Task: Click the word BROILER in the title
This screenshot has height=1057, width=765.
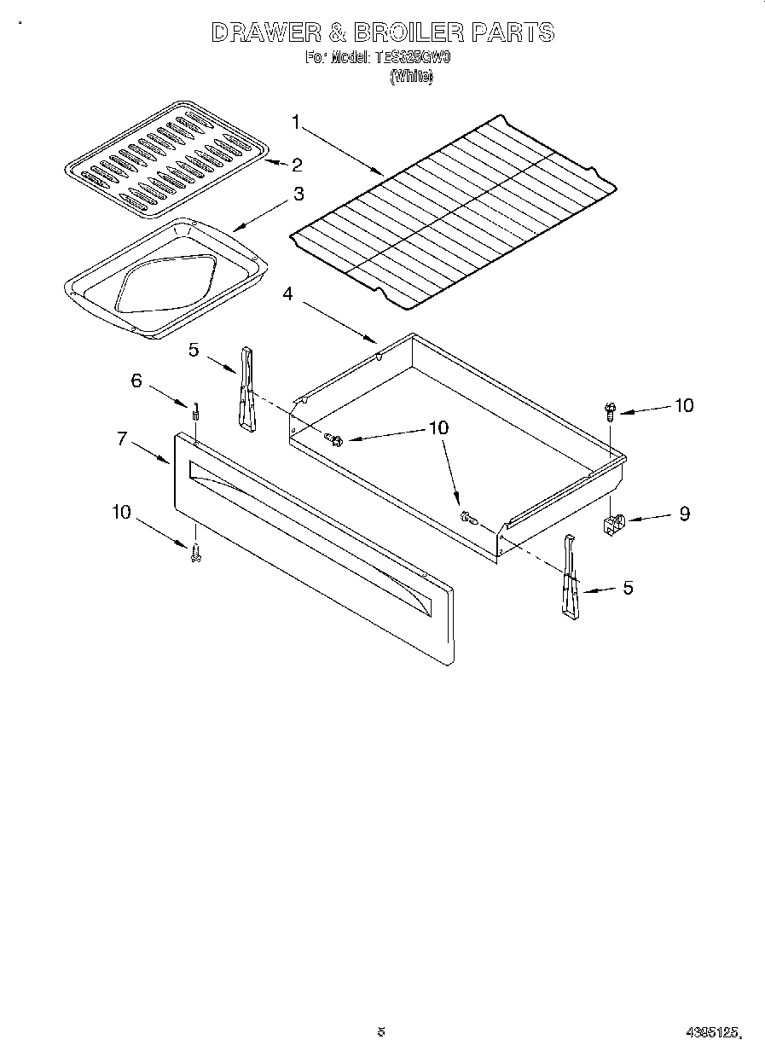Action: click(x=396, y=33)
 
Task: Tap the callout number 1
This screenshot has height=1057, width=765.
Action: click(x=296, y=123)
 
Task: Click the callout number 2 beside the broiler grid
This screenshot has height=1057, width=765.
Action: click(x=297, y=164)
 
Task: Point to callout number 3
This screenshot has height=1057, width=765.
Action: click(x=298, y=194)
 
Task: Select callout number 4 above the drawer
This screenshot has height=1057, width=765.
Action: click(x=288, y=294)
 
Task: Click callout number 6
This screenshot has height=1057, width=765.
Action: click(x=136, y=380)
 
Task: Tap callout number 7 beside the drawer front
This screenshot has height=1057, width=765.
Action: click(x=123, y=438)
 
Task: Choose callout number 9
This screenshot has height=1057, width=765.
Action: click(x=684, y=514)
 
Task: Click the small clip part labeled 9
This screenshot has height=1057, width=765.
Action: click(x=614, y=524)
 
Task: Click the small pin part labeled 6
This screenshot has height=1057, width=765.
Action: click(x=195, y=411)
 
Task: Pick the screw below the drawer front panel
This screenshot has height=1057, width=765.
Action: click(x=195, y=552)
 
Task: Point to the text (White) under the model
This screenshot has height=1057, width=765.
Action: click(x=411, y=76)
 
